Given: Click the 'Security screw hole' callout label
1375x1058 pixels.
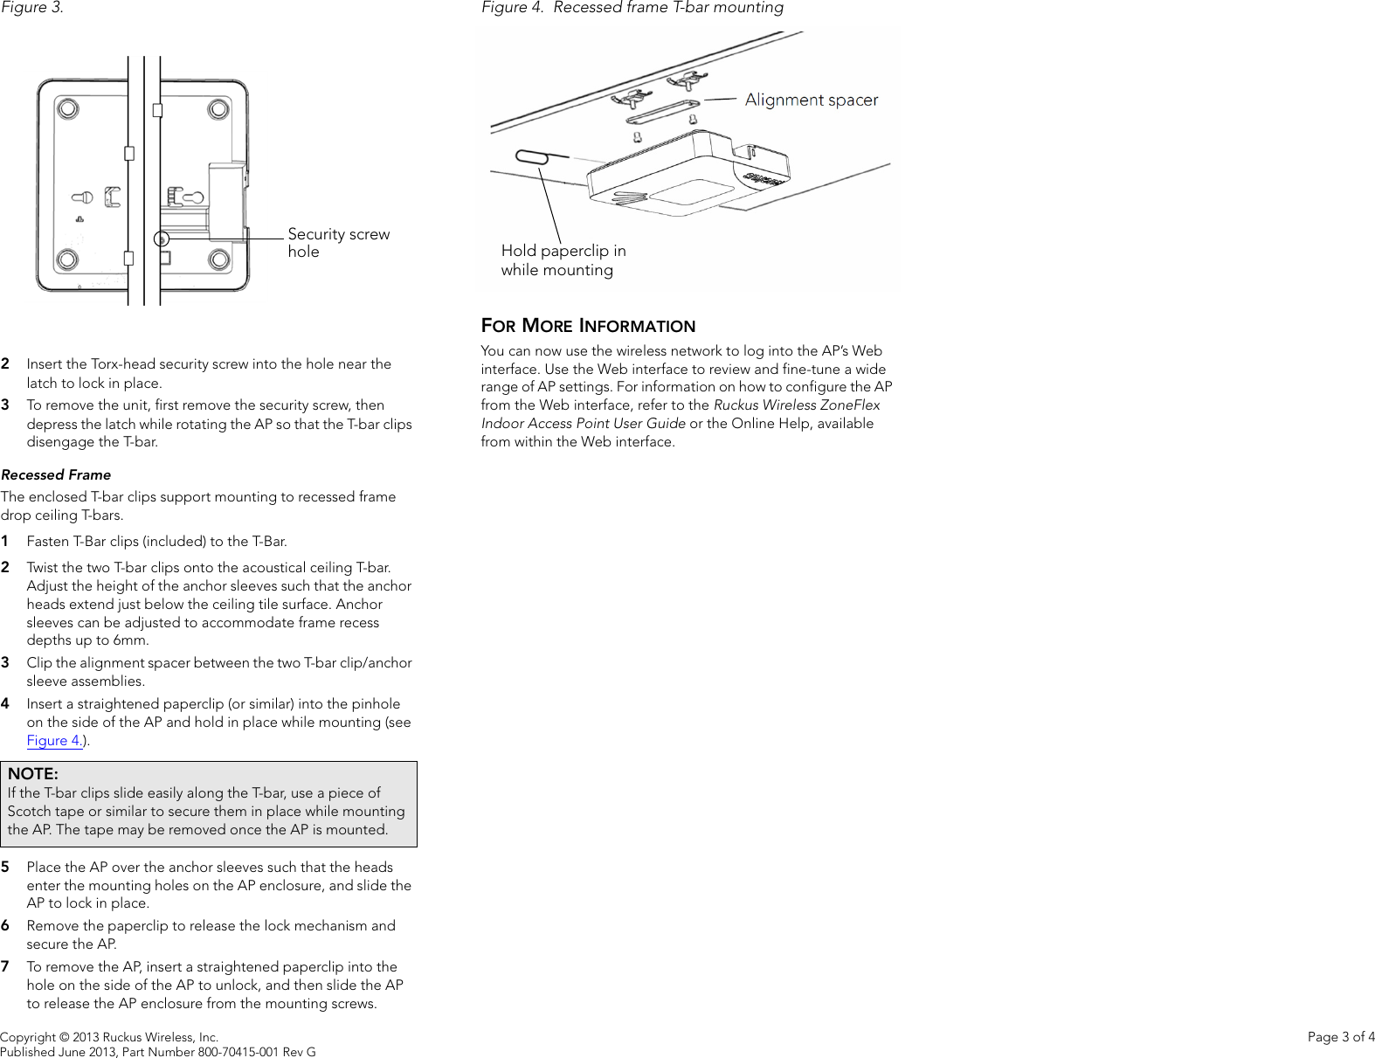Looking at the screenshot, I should (338, 243).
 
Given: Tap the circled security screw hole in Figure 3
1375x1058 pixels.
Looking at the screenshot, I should (161, 239).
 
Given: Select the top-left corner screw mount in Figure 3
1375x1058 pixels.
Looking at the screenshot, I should (67, 108).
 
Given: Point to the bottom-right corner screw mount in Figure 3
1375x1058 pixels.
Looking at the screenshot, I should (219, 259).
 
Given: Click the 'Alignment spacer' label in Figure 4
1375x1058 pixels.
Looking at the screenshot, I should (811, 100).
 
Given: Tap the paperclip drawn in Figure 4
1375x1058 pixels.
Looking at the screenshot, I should (531, 156).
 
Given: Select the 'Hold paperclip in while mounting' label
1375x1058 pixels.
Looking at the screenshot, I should (563, 260).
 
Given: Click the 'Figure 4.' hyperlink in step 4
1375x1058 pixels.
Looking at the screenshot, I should (54, 741).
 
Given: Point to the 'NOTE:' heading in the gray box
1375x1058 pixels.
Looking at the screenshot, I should (33, 774).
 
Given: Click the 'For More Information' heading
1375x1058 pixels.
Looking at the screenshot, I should (588, 326).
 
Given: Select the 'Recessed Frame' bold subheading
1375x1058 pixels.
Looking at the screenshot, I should (56, 475).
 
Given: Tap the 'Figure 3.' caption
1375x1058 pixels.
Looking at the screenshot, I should (32, 8).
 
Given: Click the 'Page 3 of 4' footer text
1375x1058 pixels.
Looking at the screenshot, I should (1340, 1037).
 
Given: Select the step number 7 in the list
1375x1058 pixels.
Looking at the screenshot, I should (5, 966).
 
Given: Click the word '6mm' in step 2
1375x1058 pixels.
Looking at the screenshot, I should (129, 640).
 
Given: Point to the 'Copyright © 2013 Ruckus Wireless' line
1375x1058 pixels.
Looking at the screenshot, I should (109, 1037).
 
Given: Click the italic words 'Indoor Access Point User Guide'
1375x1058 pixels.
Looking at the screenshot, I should (583, 424).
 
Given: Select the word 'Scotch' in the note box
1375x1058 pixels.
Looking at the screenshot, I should (29, 812).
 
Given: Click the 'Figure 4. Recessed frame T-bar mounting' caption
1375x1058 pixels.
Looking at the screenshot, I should (632, 8).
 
